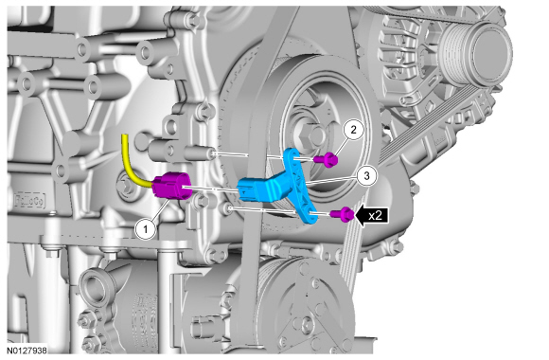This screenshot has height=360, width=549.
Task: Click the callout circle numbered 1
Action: pos(146,230)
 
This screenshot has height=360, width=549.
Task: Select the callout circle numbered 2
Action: pos(353,130)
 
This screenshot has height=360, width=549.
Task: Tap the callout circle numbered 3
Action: pos(367,175)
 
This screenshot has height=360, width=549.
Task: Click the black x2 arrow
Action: pos(372,215)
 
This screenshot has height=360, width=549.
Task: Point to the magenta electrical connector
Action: pos(172,186)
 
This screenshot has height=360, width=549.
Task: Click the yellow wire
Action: pos(133,164)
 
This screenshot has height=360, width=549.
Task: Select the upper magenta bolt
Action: pos(327,159)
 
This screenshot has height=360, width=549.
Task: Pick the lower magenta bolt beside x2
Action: pos(343,214)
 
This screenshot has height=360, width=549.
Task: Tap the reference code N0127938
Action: pos(27,351)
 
